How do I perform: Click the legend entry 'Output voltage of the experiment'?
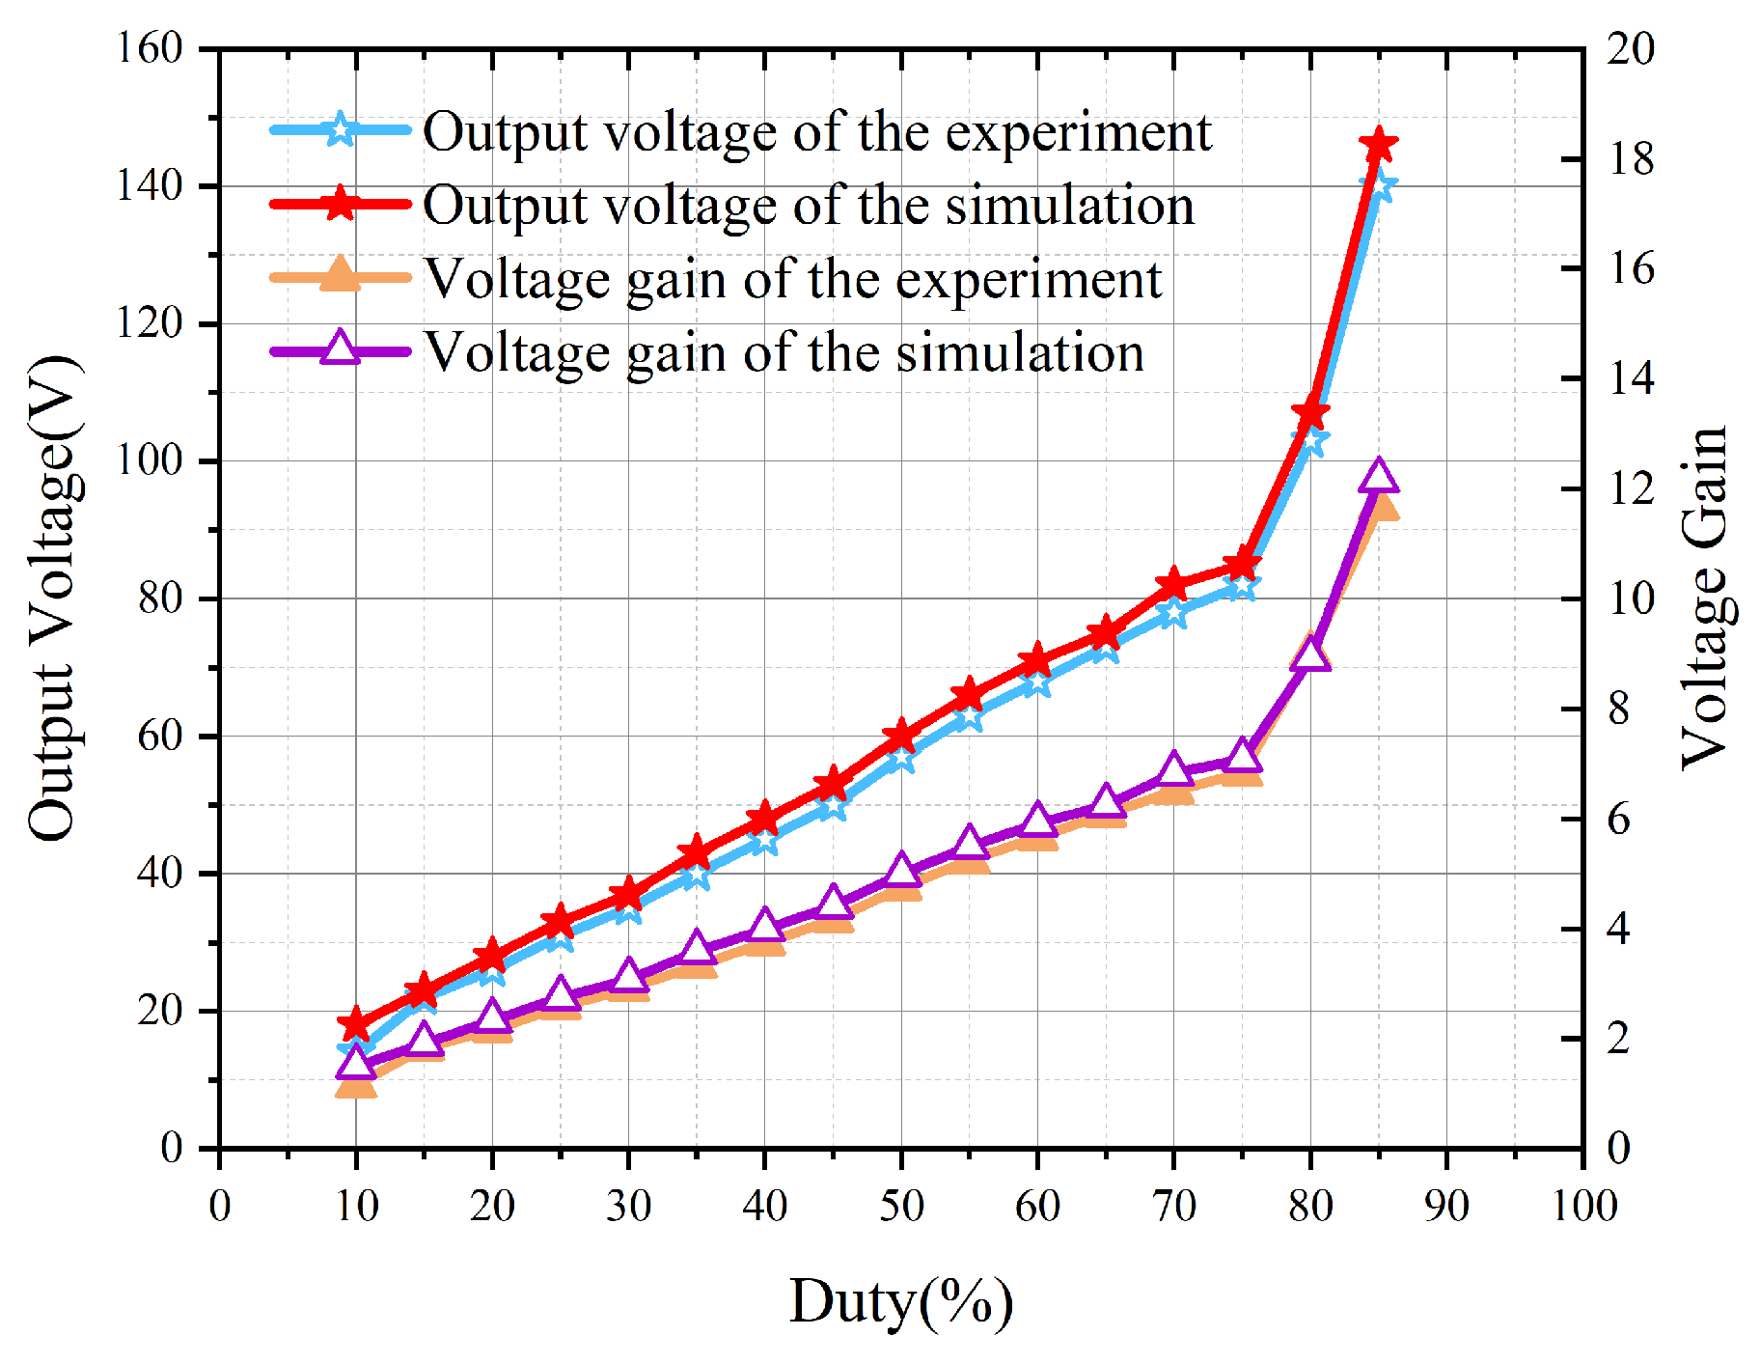pos(816,131)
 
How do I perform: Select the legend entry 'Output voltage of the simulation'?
pos(809,205)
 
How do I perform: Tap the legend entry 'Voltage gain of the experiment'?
pos(792,279)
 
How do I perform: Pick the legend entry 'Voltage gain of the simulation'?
pos(784,352)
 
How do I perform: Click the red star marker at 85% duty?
pos(1379,146)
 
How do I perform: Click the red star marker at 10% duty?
pos(356,1024)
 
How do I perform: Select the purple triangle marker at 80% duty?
pos(1310,654)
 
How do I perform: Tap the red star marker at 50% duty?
pos(901,737)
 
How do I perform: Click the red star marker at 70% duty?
pos(1174,585)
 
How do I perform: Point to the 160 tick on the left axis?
pos(150,48)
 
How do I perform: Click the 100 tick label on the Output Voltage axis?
pos(150,460)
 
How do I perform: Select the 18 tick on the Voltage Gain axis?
pos(1630,159)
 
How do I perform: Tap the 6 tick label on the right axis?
pos(1619,819)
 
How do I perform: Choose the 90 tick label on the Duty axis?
pos(1446,1206)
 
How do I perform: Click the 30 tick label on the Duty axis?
pos(629,1206)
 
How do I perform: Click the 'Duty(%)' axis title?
pos(901,1302)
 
